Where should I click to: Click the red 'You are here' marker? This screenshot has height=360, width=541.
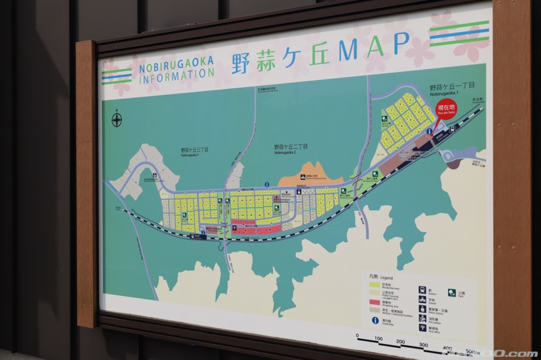pyautogui.click(x=446, y=108)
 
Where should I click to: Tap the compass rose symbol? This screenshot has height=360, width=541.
pyautogui.click(x=117, y=119)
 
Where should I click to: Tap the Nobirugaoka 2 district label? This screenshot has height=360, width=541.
pyautogui.click(x=290, y=148)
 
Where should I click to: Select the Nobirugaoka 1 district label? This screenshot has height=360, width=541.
pyautogui.click(x=452, y=88)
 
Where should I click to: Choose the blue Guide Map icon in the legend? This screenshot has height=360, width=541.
pyautogui.click(x=374, y=320)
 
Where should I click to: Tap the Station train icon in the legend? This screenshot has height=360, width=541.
pyautogui.click(x=422, y=290)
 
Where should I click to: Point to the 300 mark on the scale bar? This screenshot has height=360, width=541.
pyautogui.click(x=422, y=345)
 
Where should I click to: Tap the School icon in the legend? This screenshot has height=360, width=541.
pyautogui.click(x=422, y=299)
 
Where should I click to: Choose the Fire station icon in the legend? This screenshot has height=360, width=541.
pyautogui.click(x=422, y=318)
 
